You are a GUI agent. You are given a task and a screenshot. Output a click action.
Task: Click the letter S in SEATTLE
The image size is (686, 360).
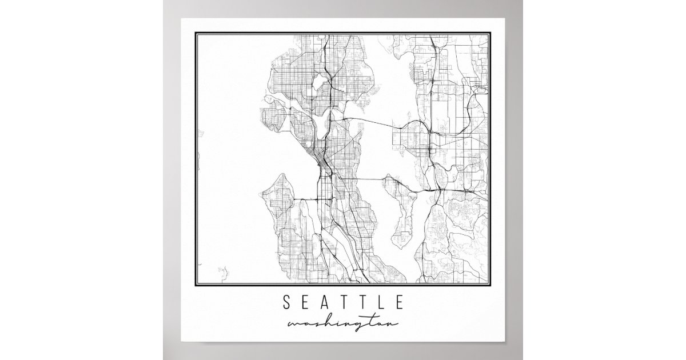click(286, 301)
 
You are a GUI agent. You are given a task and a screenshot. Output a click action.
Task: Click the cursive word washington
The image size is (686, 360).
click(342, 325)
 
